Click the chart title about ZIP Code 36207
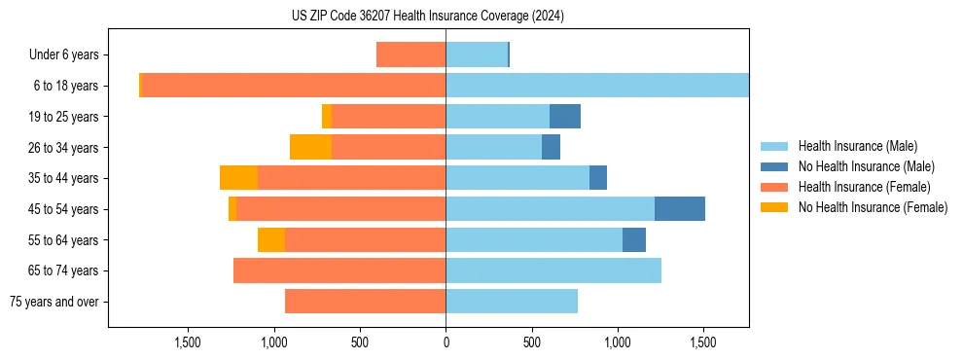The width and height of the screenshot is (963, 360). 427,17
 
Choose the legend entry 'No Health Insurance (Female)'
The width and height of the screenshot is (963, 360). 873,207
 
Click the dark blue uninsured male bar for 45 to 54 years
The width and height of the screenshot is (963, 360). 679,209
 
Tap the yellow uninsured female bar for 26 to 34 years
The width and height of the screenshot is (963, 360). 310,147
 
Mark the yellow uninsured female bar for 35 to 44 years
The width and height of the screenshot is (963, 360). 238,178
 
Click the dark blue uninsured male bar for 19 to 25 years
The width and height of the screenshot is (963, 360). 565,117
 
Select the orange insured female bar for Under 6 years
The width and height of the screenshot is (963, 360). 410,54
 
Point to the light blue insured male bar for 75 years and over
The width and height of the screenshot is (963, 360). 512,302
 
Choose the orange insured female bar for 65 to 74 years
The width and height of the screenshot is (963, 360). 339,270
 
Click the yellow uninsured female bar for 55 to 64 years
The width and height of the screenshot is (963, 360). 271,240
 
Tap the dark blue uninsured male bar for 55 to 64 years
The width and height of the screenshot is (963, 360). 634,240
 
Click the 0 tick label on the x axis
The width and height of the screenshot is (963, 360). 446,342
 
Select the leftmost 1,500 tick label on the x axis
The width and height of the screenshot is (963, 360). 188,342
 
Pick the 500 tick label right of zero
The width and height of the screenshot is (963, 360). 531,342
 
